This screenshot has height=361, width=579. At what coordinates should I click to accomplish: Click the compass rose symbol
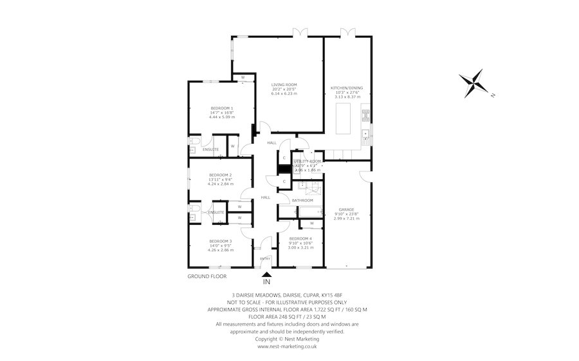coord(474,83)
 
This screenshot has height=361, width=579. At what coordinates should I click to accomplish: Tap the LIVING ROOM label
coord(284,85)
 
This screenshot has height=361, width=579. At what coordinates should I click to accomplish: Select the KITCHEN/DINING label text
coord(347,87)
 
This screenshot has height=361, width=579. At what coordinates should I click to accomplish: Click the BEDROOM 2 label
coord(220,175)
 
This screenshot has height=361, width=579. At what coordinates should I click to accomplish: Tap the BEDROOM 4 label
coord(301,238)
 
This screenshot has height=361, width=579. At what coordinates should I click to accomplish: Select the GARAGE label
coord(347,209)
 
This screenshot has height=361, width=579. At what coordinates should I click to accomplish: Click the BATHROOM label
coord(302,200)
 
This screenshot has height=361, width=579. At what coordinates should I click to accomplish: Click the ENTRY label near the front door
coord(265,259)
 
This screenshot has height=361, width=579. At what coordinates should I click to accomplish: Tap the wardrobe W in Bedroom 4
coord(311,224)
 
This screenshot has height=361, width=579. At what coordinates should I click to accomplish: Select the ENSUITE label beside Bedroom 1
coord(210,150)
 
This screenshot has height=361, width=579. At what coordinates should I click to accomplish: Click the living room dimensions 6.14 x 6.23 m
coord(284,94)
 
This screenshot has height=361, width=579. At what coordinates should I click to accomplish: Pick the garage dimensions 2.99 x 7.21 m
coord(347,218)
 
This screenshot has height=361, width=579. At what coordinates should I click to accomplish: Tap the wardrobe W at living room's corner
coord(243,78)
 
